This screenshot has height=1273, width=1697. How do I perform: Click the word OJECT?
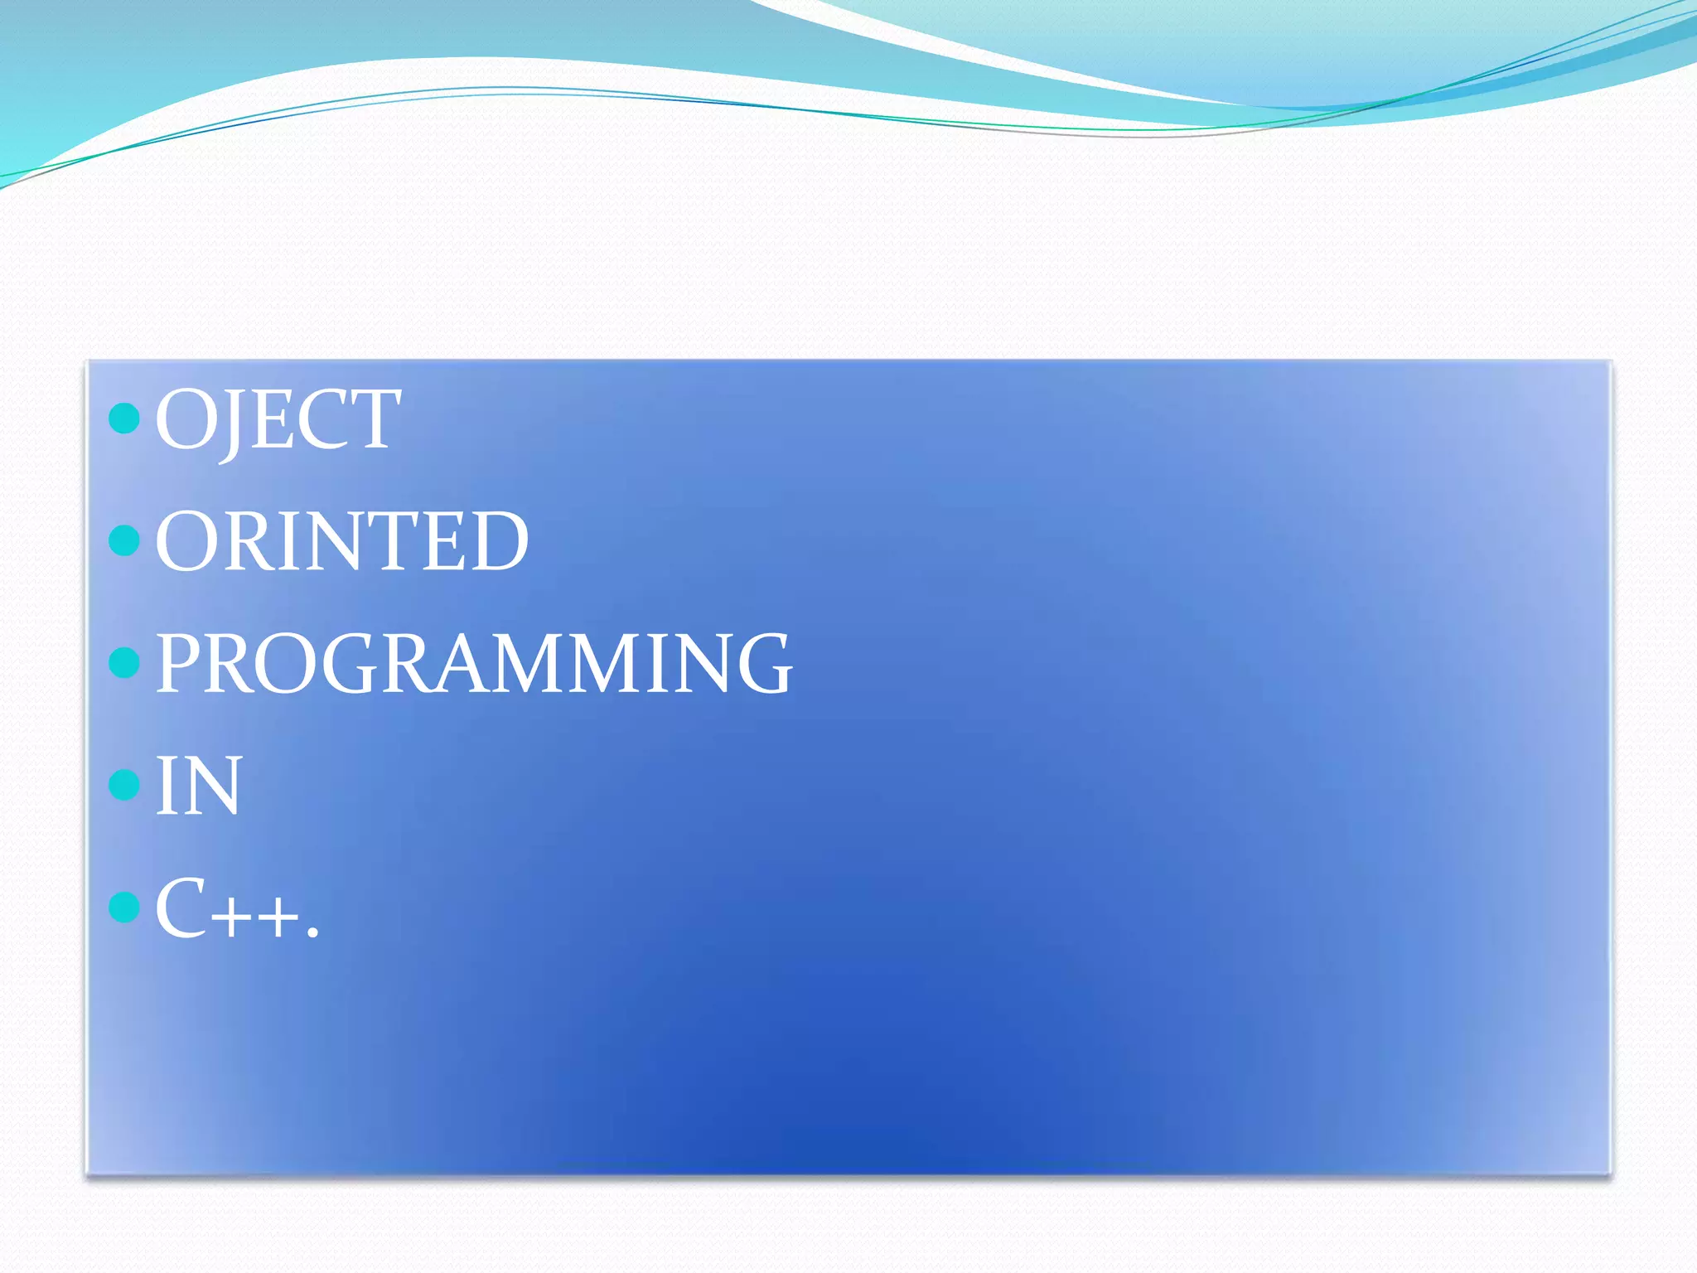tap(278, 419)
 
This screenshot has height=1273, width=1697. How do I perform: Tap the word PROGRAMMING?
tap(473, 663)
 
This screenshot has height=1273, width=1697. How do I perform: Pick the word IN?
tap(198, 785)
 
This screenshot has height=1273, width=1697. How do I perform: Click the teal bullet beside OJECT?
tap(124, 419)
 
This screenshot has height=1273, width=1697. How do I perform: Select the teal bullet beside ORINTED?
tap(124, 540)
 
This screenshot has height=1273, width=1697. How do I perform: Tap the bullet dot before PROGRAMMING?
tap(124, 662)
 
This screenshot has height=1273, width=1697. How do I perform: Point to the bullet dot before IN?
tap(124, 784)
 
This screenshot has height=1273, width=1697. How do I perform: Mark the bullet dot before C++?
tap(124, 906)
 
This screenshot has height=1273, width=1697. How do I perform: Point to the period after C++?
tap(312, 934)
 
